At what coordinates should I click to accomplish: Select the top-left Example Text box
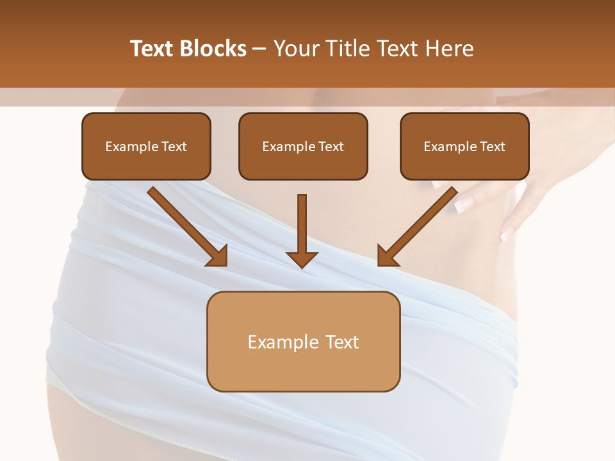[x=146, y=146]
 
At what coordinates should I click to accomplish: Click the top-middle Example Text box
[x=303, y=146]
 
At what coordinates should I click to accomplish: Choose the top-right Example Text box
[x=464, y=146]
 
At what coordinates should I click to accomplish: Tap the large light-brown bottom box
[x=303, y=341]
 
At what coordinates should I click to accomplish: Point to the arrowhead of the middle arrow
[x=302, y=259]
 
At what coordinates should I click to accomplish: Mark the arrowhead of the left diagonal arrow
[x=218, y=256]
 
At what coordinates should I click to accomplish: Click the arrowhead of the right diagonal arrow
[x=387, y=256]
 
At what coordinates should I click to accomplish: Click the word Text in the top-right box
[x=492, y=147]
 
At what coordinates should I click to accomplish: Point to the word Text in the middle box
[x=331, y=147]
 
